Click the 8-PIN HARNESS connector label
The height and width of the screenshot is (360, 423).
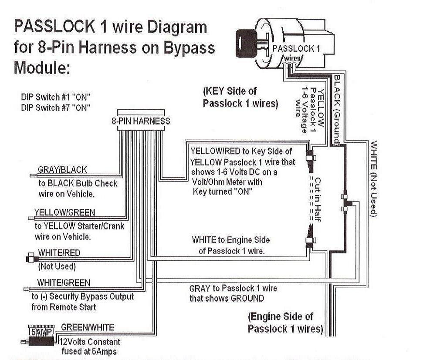click(x=141, y=121)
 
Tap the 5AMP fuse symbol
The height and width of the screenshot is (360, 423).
click(x=41, y=331)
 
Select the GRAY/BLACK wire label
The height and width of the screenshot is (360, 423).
click(x=62, y=169)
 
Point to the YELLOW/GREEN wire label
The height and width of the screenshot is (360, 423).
click(x=64, y=212)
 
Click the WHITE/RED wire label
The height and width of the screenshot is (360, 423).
click(x=59, y=253)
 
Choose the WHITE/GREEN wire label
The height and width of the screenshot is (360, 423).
click(x=64, y=283)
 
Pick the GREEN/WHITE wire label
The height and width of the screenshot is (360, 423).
click(x=88, y=327)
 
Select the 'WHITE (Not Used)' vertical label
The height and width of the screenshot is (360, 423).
click(x=373, y=178)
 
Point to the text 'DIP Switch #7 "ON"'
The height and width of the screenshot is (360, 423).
click(x=56, y=108)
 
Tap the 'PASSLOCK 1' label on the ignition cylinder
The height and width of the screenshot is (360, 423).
click(x=296, y=49)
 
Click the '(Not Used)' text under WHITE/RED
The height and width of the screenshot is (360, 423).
click(x=57, y=266)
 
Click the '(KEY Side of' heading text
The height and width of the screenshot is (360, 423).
click(x=230, y=92)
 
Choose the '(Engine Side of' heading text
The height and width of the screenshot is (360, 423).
click(x=281, y=316)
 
